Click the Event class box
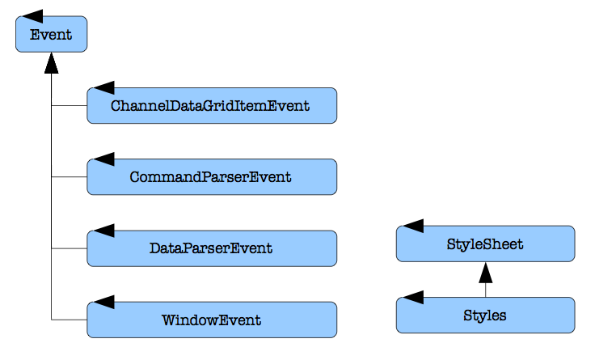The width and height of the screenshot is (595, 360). (x=51, y=34)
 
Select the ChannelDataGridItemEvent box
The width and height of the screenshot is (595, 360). (x=212, y=105)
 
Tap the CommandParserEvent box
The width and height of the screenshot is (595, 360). (x=212, y=177)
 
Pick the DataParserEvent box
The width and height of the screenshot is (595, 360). (x=212, y=248)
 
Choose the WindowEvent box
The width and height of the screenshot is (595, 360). (x=212, y=320)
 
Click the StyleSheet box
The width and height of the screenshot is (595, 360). (x=485, y=244)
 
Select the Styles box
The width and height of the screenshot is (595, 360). (x=485, y=316)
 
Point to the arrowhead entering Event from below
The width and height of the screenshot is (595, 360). (x=51, y=62)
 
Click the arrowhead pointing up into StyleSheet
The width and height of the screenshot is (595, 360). (x=485, y=273)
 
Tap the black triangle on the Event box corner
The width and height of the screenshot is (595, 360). (x=32, y=16)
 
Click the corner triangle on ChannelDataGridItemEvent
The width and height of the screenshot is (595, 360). (x=104, y=87)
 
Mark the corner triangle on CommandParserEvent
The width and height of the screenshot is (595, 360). (x=104, y=159)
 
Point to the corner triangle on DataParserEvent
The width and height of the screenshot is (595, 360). (x=104, y=231)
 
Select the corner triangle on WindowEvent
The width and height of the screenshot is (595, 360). (x=104, y=302)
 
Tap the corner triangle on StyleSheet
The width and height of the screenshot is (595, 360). (x=413, y=226)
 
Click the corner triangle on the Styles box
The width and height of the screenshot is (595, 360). (x=413, y=298)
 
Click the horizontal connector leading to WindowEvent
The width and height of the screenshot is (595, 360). (x=69, y=320)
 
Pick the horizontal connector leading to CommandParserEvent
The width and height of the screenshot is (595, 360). (x=69, y=177)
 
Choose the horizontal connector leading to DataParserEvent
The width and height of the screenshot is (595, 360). (x=69, y=248)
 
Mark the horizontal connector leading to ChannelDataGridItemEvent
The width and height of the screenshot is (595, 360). (x=69, y=105)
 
